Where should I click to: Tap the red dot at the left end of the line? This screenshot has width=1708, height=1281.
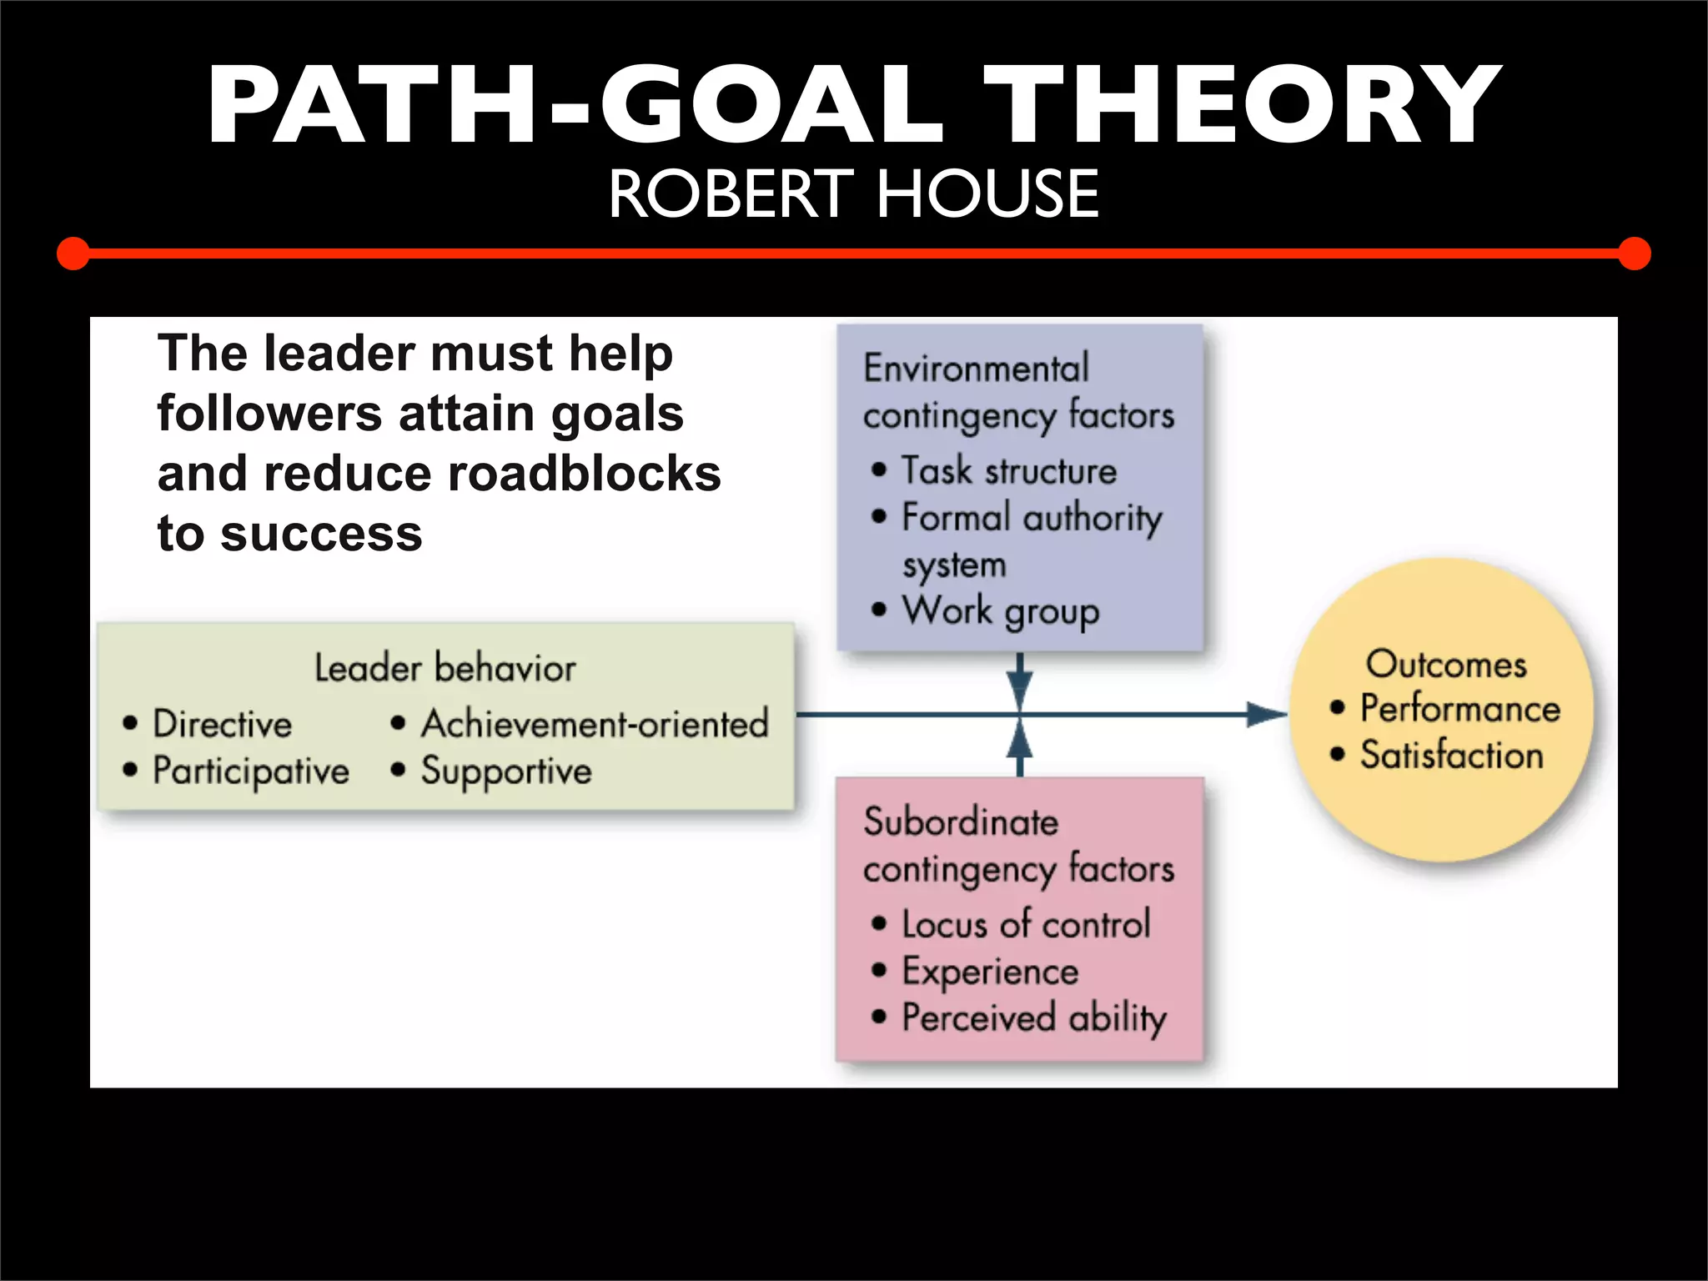coord(73,254)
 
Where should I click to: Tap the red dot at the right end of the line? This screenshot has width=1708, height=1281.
coord(1634,254)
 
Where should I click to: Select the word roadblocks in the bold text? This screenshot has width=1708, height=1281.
coord(584,474)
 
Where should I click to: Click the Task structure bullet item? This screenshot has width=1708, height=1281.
coord(1008,471)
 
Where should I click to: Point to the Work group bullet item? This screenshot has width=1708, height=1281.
coord(1000,611)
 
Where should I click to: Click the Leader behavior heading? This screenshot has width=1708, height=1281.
coord(445,668)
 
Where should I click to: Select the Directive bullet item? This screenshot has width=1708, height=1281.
coord(222,724)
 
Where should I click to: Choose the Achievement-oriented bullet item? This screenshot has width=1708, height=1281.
coord(594,724)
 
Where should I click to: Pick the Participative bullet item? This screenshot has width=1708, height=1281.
coord(250,771)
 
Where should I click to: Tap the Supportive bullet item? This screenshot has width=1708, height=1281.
coord(505,771)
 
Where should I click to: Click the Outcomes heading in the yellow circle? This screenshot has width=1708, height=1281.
coord(1446,665)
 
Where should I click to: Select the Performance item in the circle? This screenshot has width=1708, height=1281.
coord(1459,709)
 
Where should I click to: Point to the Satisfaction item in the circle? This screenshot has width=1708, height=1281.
coord(1451,756)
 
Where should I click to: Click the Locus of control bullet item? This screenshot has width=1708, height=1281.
coord(1026,925)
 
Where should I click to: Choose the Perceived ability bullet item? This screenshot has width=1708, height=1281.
coord(1034,1018)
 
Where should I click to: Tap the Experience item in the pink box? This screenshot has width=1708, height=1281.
coord(990,972)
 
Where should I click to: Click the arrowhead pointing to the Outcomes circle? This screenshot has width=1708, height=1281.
coord(1266,715)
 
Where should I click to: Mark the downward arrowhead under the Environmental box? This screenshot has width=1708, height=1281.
coord(1019,688)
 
